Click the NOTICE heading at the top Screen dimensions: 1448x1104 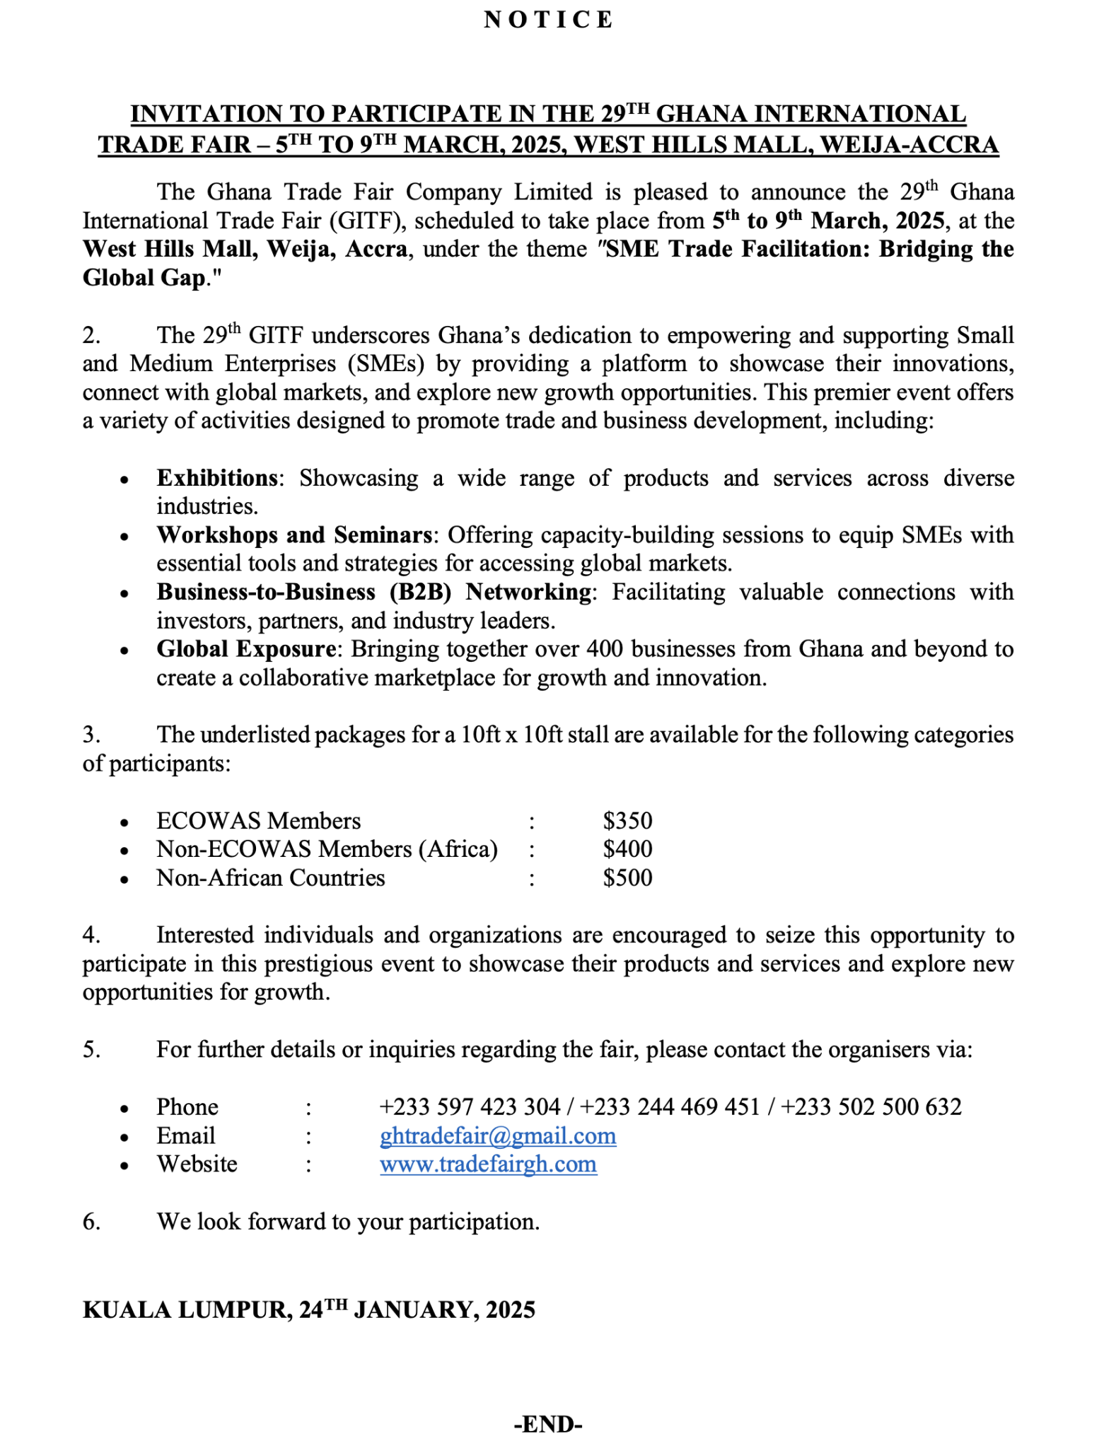click(548, 20)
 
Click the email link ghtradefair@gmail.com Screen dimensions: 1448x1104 click(497, 1135)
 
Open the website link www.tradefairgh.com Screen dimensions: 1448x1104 click(488, 1164)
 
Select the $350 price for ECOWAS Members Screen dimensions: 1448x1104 click(627, 820)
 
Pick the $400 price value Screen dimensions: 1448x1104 click(627, 848)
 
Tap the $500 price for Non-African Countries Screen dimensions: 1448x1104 click(627, 877)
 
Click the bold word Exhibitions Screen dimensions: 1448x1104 click(217, 478)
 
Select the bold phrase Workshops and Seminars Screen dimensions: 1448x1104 click(294, 535)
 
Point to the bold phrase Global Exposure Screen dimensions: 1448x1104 click(246, 648)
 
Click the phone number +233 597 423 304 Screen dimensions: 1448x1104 click(470, 1107)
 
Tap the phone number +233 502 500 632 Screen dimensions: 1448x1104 click(871, 1107)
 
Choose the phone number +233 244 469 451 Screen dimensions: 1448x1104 click(670, 1107)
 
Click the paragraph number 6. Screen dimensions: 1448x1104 click(91, 1221)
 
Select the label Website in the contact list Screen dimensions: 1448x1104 click(197, 1164)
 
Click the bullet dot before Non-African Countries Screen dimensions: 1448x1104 click(124, 880)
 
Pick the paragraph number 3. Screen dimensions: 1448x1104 click(91, 735)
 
